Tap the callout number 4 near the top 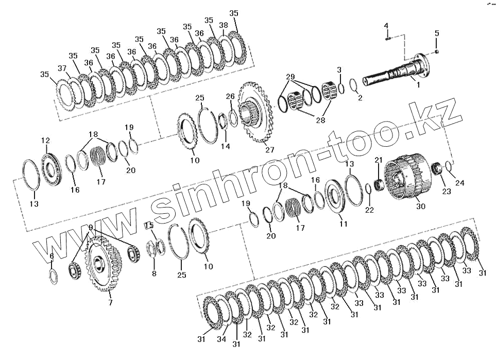pos(386,25)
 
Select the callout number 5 pos(437,33)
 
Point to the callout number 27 pos(270,150)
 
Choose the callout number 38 pos(223,25)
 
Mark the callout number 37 pos(62,68)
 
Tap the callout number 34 pos(222,340)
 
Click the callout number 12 pos(45,141)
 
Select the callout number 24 pos(459,182)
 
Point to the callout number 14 pos(225,147)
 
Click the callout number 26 pos(230,96)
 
